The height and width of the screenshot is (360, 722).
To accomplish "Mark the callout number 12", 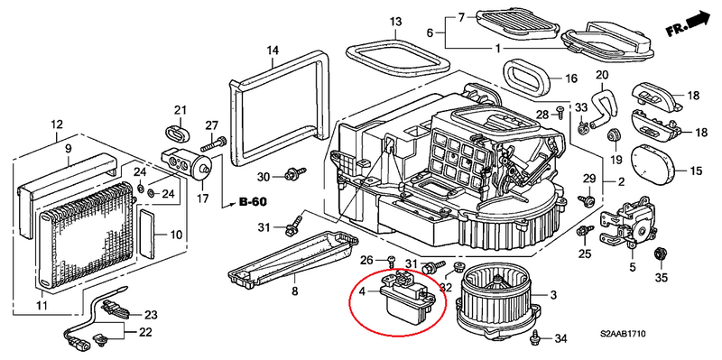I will (x=56, y=124).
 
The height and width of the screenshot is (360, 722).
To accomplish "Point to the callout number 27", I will (x=211, y=125).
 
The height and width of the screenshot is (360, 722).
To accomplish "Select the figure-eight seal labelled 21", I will (x=180, y=133).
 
